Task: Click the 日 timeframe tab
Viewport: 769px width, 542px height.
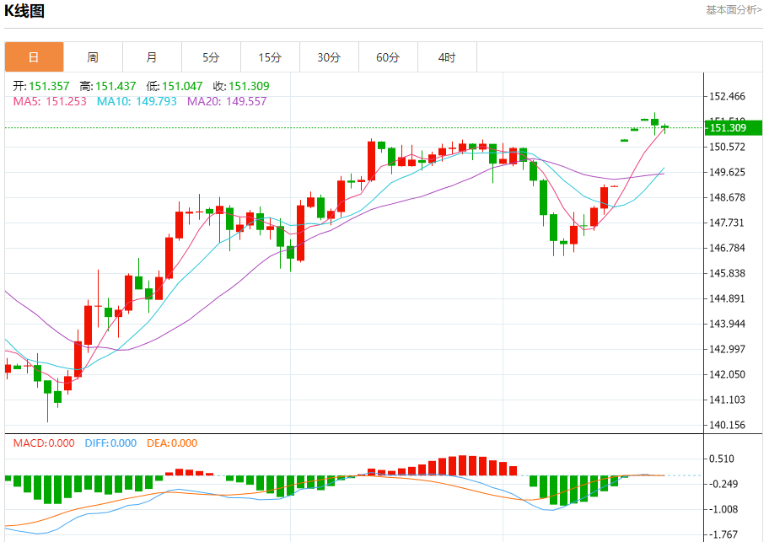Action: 34,57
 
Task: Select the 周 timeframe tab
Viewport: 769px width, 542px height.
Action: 93,57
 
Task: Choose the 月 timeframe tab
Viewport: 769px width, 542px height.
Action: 152,57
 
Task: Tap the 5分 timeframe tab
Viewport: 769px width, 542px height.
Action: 211,57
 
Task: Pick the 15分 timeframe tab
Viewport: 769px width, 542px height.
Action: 270,57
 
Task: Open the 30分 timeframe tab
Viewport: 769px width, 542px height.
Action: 329,57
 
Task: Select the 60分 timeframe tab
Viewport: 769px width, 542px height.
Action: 388,57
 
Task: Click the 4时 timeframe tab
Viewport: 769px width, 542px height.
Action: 447,57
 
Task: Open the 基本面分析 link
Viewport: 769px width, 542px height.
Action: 733,10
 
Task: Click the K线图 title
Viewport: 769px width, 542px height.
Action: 25,12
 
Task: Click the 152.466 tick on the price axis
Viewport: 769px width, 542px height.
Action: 727,96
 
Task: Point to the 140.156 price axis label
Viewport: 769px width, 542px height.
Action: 727,426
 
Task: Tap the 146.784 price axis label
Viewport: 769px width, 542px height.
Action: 727,248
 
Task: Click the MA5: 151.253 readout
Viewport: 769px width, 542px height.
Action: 50,101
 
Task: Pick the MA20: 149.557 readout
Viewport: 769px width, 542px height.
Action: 227,101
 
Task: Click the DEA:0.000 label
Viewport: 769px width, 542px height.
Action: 172,443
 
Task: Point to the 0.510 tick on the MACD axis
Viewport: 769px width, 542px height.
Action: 722,459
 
